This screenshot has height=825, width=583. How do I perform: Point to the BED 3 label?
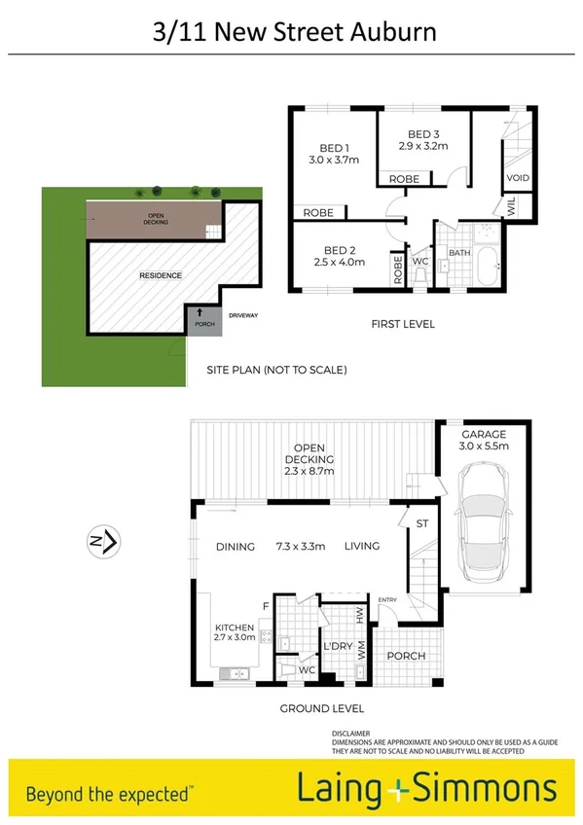[422, 134]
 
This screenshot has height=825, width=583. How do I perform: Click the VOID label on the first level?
[517, 178]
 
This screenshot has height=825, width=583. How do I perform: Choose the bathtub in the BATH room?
[483, 261]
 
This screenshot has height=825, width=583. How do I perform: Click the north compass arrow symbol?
[103, 539]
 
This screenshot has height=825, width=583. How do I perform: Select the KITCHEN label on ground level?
[234, 628]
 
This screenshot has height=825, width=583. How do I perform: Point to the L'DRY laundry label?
[337, 647]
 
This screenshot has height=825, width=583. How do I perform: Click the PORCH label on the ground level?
[406, 655]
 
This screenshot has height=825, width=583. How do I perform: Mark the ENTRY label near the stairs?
[387, 599]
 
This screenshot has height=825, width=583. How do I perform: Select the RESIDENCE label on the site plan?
[161, 275]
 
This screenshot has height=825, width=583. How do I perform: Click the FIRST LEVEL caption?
[402, 324]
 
